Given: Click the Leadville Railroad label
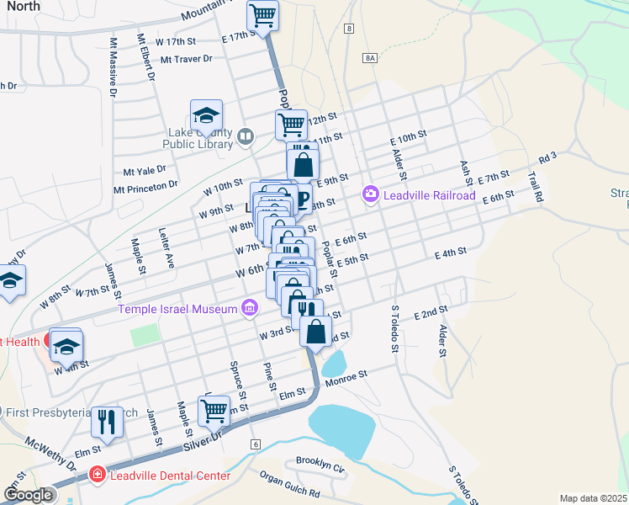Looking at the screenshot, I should point(430,195).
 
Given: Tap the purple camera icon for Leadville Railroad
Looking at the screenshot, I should point(370,195).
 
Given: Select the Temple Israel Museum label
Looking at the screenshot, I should point(177,310).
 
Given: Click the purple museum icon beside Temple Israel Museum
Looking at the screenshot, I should point(249,310).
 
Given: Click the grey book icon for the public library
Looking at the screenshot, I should point(246,136).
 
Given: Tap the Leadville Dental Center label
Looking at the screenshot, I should point(167,476).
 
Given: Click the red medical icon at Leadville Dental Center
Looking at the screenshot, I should point(97,476).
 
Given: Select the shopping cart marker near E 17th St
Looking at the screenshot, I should point(263,14).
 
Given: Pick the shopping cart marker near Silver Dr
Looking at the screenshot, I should point(214,410).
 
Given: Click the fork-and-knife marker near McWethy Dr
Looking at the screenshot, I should point(107,420).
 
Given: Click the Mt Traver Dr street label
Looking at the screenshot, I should point(186,59).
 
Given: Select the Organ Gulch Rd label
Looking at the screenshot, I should point(289,485).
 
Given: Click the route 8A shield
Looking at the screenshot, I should point(370,57).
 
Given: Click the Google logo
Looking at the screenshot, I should point(28,495).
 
